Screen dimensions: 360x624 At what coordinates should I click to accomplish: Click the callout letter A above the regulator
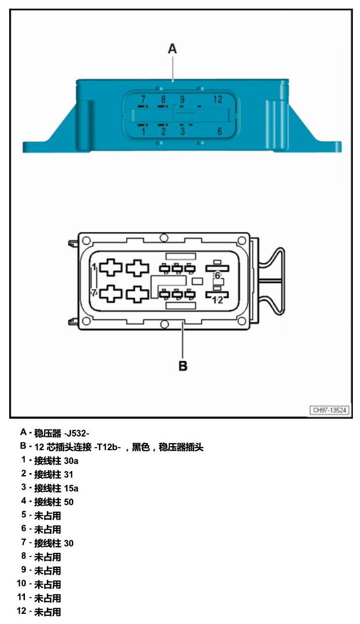tap(172, 49)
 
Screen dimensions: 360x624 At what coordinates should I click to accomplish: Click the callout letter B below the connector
tap(183, 366)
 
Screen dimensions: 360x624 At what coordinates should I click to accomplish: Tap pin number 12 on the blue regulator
tap(218, 100)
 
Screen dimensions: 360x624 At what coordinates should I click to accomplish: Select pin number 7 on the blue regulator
tap(143, 99)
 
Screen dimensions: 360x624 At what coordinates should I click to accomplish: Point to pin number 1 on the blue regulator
tap(143, 131)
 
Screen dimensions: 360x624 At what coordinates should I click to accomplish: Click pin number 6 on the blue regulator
tap(220, 131)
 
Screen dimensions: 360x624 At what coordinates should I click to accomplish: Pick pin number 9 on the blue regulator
tap(182, 100)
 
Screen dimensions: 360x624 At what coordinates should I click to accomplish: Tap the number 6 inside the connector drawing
tap(217, 276)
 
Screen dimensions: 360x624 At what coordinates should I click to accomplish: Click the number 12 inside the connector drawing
tap(218, 300)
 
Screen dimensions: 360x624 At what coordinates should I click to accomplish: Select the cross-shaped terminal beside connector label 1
tap(111, 268)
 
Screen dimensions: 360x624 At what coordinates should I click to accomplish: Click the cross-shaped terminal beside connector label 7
tap(111, 293)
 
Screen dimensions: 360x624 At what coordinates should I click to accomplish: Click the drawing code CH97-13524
tap(329, 410)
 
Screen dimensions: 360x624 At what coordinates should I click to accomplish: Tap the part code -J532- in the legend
tap(77, 433)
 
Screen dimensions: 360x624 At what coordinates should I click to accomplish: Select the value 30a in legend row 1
tap(71, 461)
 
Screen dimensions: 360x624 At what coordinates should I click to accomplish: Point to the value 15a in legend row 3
tap(71, 488)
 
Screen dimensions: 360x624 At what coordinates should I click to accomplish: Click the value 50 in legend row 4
tap(69, 502)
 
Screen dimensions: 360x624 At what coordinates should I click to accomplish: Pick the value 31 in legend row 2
tap(68, 475)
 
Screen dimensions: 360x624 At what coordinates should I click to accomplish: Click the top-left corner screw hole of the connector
tap(86, 240)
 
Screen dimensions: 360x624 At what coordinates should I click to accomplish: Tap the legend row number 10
tap(21, 583)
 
